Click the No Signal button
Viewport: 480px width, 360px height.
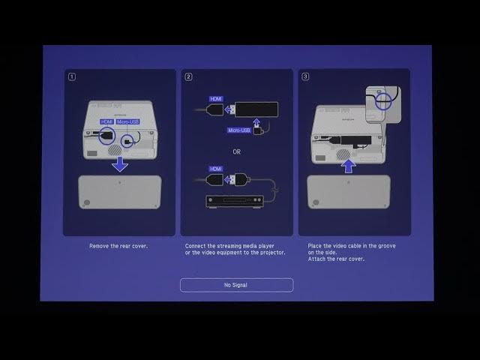tap(236, 285)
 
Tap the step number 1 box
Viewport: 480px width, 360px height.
tap(71, 76)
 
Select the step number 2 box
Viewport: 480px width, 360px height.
tap(189, 76)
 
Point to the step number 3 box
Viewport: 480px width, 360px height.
tap(305, 76)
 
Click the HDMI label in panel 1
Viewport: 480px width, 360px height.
tap(106, 121)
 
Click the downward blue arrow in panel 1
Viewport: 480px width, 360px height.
tap(119, 163)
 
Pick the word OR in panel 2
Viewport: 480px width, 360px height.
tap(236, 151)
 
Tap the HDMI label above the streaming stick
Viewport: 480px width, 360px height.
tap(216, 98)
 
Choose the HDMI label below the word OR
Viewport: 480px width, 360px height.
tap(216, 169)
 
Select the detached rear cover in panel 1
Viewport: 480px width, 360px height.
tap(119, 192)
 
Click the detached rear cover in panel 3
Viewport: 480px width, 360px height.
tap(349, 191)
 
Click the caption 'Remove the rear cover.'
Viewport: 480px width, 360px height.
tap(119, 246)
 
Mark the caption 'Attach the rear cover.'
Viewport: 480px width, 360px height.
tap(336, 259)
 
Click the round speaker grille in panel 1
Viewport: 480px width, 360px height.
tap(113, 149)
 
